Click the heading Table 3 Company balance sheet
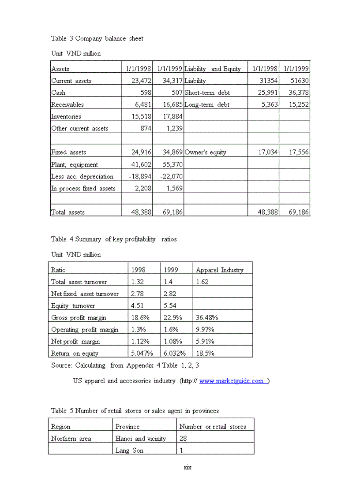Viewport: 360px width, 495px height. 97,38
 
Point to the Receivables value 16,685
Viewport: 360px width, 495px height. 171,104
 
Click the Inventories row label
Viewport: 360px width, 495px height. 66,116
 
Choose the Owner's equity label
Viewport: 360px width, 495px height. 206,152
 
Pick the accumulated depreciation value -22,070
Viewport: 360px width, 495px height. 171,176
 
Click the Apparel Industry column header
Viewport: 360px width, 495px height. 219,270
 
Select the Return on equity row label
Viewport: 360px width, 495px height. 75,353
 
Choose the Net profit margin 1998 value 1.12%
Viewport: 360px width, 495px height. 139,341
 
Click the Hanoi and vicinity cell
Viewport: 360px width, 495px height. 141,438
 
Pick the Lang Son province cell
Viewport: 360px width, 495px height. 129,450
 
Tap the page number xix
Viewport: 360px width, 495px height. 187,467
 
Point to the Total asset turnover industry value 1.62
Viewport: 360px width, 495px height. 202,282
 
